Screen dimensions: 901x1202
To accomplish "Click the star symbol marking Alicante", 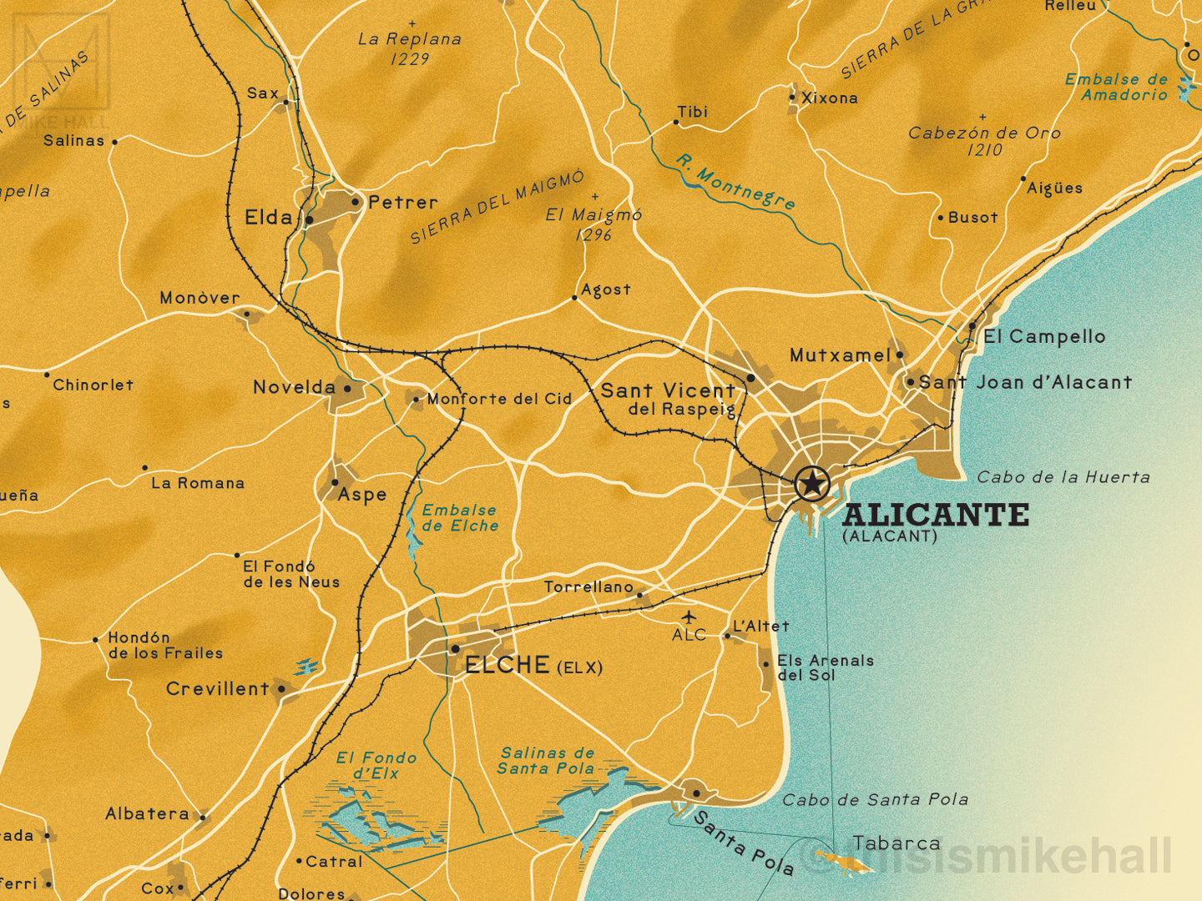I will tap(811, 483).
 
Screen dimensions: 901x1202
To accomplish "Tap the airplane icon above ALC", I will tap(689, 617).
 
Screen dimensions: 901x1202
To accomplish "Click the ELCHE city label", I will tap(507, 665).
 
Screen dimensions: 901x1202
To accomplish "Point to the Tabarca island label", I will tap(896, 843).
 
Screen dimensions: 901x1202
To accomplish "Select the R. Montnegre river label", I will tap(735, 182).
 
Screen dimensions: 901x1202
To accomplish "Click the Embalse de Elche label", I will tap(460, 518).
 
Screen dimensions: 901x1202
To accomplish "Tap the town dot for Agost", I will tap(574, 298).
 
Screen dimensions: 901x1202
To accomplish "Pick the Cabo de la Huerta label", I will tap(1063, 477).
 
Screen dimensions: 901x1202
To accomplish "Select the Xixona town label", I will tap(829, 98).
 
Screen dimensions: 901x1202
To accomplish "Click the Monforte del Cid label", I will tap(499, 399).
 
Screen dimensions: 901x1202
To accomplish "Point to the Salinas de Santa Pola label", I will tap(547, 761).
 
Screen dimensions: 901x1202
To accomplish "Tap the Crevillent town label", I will tap(217, 689).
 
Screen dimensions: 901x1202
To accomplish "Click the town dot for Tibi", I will tap(675, 123).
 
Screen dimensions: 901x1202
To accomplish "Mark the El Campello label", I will tap(1044, 337).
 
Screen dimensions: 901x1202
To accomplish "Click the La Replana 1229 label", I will tap(410, 48).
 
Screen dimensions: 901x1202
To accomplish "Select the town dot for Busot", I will tap(940, 218).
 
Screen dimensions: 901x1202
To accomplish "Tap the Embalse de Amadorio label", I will tap(1117, 87).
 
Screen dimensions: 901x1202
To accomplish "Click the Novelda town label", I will tap(294, 387).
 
